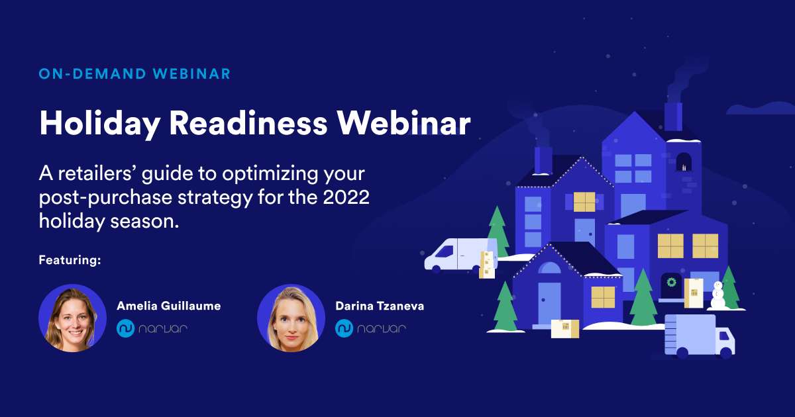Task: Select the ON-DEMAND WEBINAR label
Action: coord(134,74)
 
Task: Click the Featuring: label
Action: coord(70,259)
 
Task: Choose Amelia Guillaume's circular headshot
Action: coord(72,318)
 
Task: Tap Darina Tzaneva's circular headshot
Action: coord(291,318)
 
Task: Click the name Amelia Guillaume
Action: coord(168,306)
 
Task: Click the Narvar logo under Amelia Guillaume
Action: coord(152,328)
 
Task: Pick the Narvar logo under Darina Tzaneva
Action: coord(370,328)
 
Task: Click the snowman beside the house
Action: coord(717,295)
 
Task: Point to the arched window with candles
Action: coord(684,162)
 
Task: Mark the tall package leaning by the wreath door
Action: coord(694,293)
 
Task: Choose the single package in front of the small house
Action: coord(564,328)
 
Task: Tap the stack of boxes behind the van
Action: coord(487,264)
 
